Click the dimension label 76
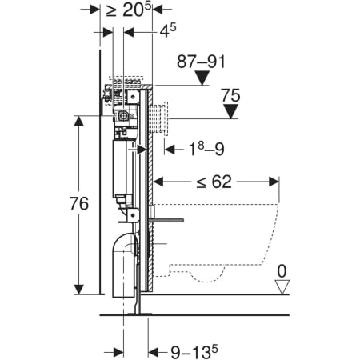pyautogui.click(x=79, y=203)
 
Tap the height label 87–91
pyautogui.click(x=201, y=62)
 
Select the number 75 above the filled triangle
pyautogui.click(x=230, y=95)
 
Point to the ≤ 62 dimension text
pyautogui.click(x=214, y=182)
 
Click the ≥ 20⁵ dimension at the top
pyautogui.click(x=129, y=10)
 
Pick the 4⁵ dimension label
pyautogui.click(x=168, y=30)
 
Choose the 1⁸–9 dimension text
pyautogui.click(x=206, y=149)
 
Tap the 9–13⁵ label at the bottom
pyautogui.click(x=194, y=352)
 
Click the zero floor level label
pyautogui.click(x=282, y=271)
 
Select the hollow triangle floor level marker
pyautogui.click(x=282, y=287)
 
